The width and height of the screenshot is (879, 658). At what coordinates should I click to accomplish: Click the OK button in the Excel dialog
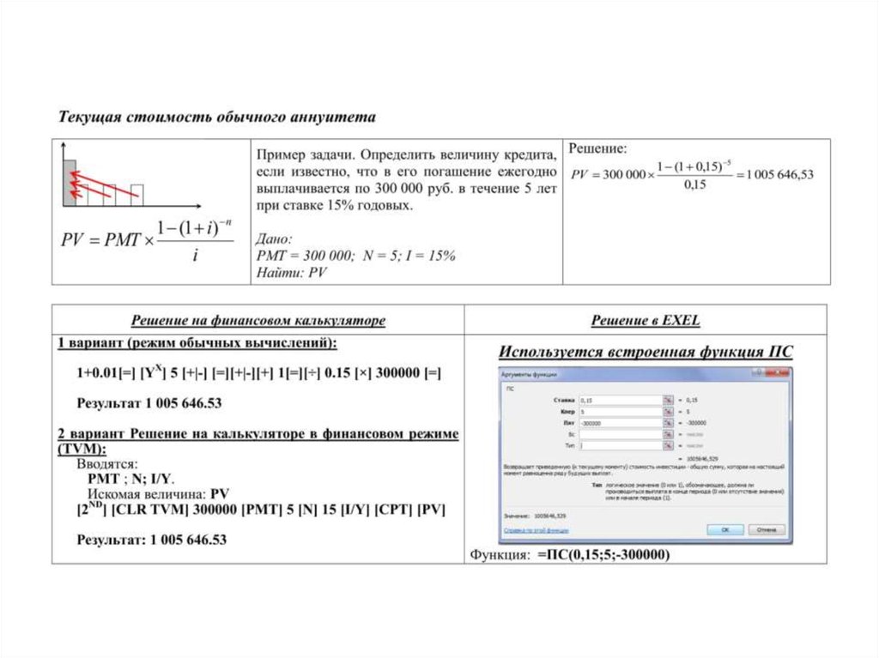(724, 530)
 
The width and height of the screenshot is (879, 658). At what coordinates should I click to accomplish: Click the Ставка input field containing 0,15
(618, 400)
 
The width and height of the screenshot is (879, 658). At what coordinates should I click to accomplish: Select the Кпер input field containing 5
(618, 412)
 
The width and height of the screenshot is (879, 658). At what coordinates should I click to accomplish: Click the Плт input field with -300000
(618, 423)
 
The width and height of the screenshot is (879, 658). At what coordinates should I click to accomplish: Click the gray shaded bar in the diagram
(70, 181)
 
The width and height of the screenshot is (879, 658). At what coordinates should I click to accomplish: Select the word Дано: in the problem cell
(275, 239)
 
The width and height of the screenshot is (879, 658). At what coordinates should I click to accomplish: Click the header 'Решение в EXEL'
(645, 321)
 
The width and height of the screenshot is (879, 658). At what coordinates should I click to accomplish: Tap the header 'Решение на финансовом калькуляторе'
(258, 321)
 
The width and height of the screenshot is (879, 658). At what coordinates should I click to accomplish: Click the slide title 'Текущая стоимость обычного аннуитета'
(216, 116)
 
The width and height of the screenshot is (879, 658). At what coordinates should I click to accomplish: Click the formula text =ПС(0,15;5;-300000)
(603, 555)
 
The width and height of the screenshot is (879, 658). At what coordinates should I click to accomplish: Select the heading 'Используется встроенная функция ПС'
(646, 352)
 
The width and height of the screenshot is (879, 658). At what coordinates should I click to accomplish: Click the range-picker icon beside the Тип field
(666, 446)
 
